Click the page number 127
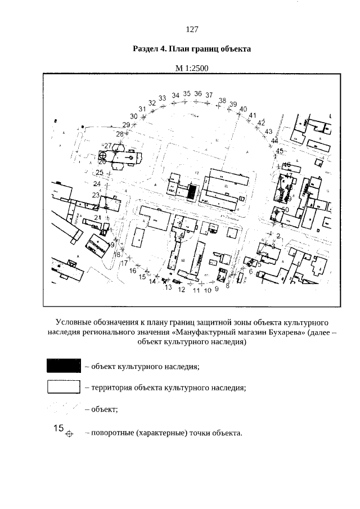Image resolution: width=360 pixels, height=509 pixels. pos(191,29)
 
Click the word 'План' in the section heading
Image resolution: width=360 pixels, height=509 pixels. pos(172,49)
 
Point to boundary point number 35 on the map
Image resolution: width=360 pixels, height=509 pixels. pos(188,94)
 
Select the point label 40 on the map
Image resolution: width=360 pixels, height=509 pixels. pos(244,109)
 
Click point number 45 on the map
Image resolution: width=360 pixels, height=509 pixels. pos(280,151)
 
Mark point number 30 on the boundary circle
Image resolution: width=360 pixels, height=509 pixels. pos(134,116)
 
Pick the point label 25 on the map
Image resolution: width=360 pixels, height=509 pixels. pos(100,173)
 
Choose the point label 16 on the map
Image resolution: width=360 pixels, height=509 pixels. pos(133,271)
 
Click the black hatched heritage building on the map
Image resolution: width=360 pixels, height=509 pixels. pos(192,191)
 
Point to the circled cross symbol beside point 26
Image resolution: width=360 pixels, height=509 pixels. pos(103,155)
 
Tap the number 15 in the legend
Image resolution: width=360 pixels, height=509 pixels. pos(58,428)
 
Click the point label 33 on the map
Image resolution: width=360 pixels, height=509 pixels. pos(162,98)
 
